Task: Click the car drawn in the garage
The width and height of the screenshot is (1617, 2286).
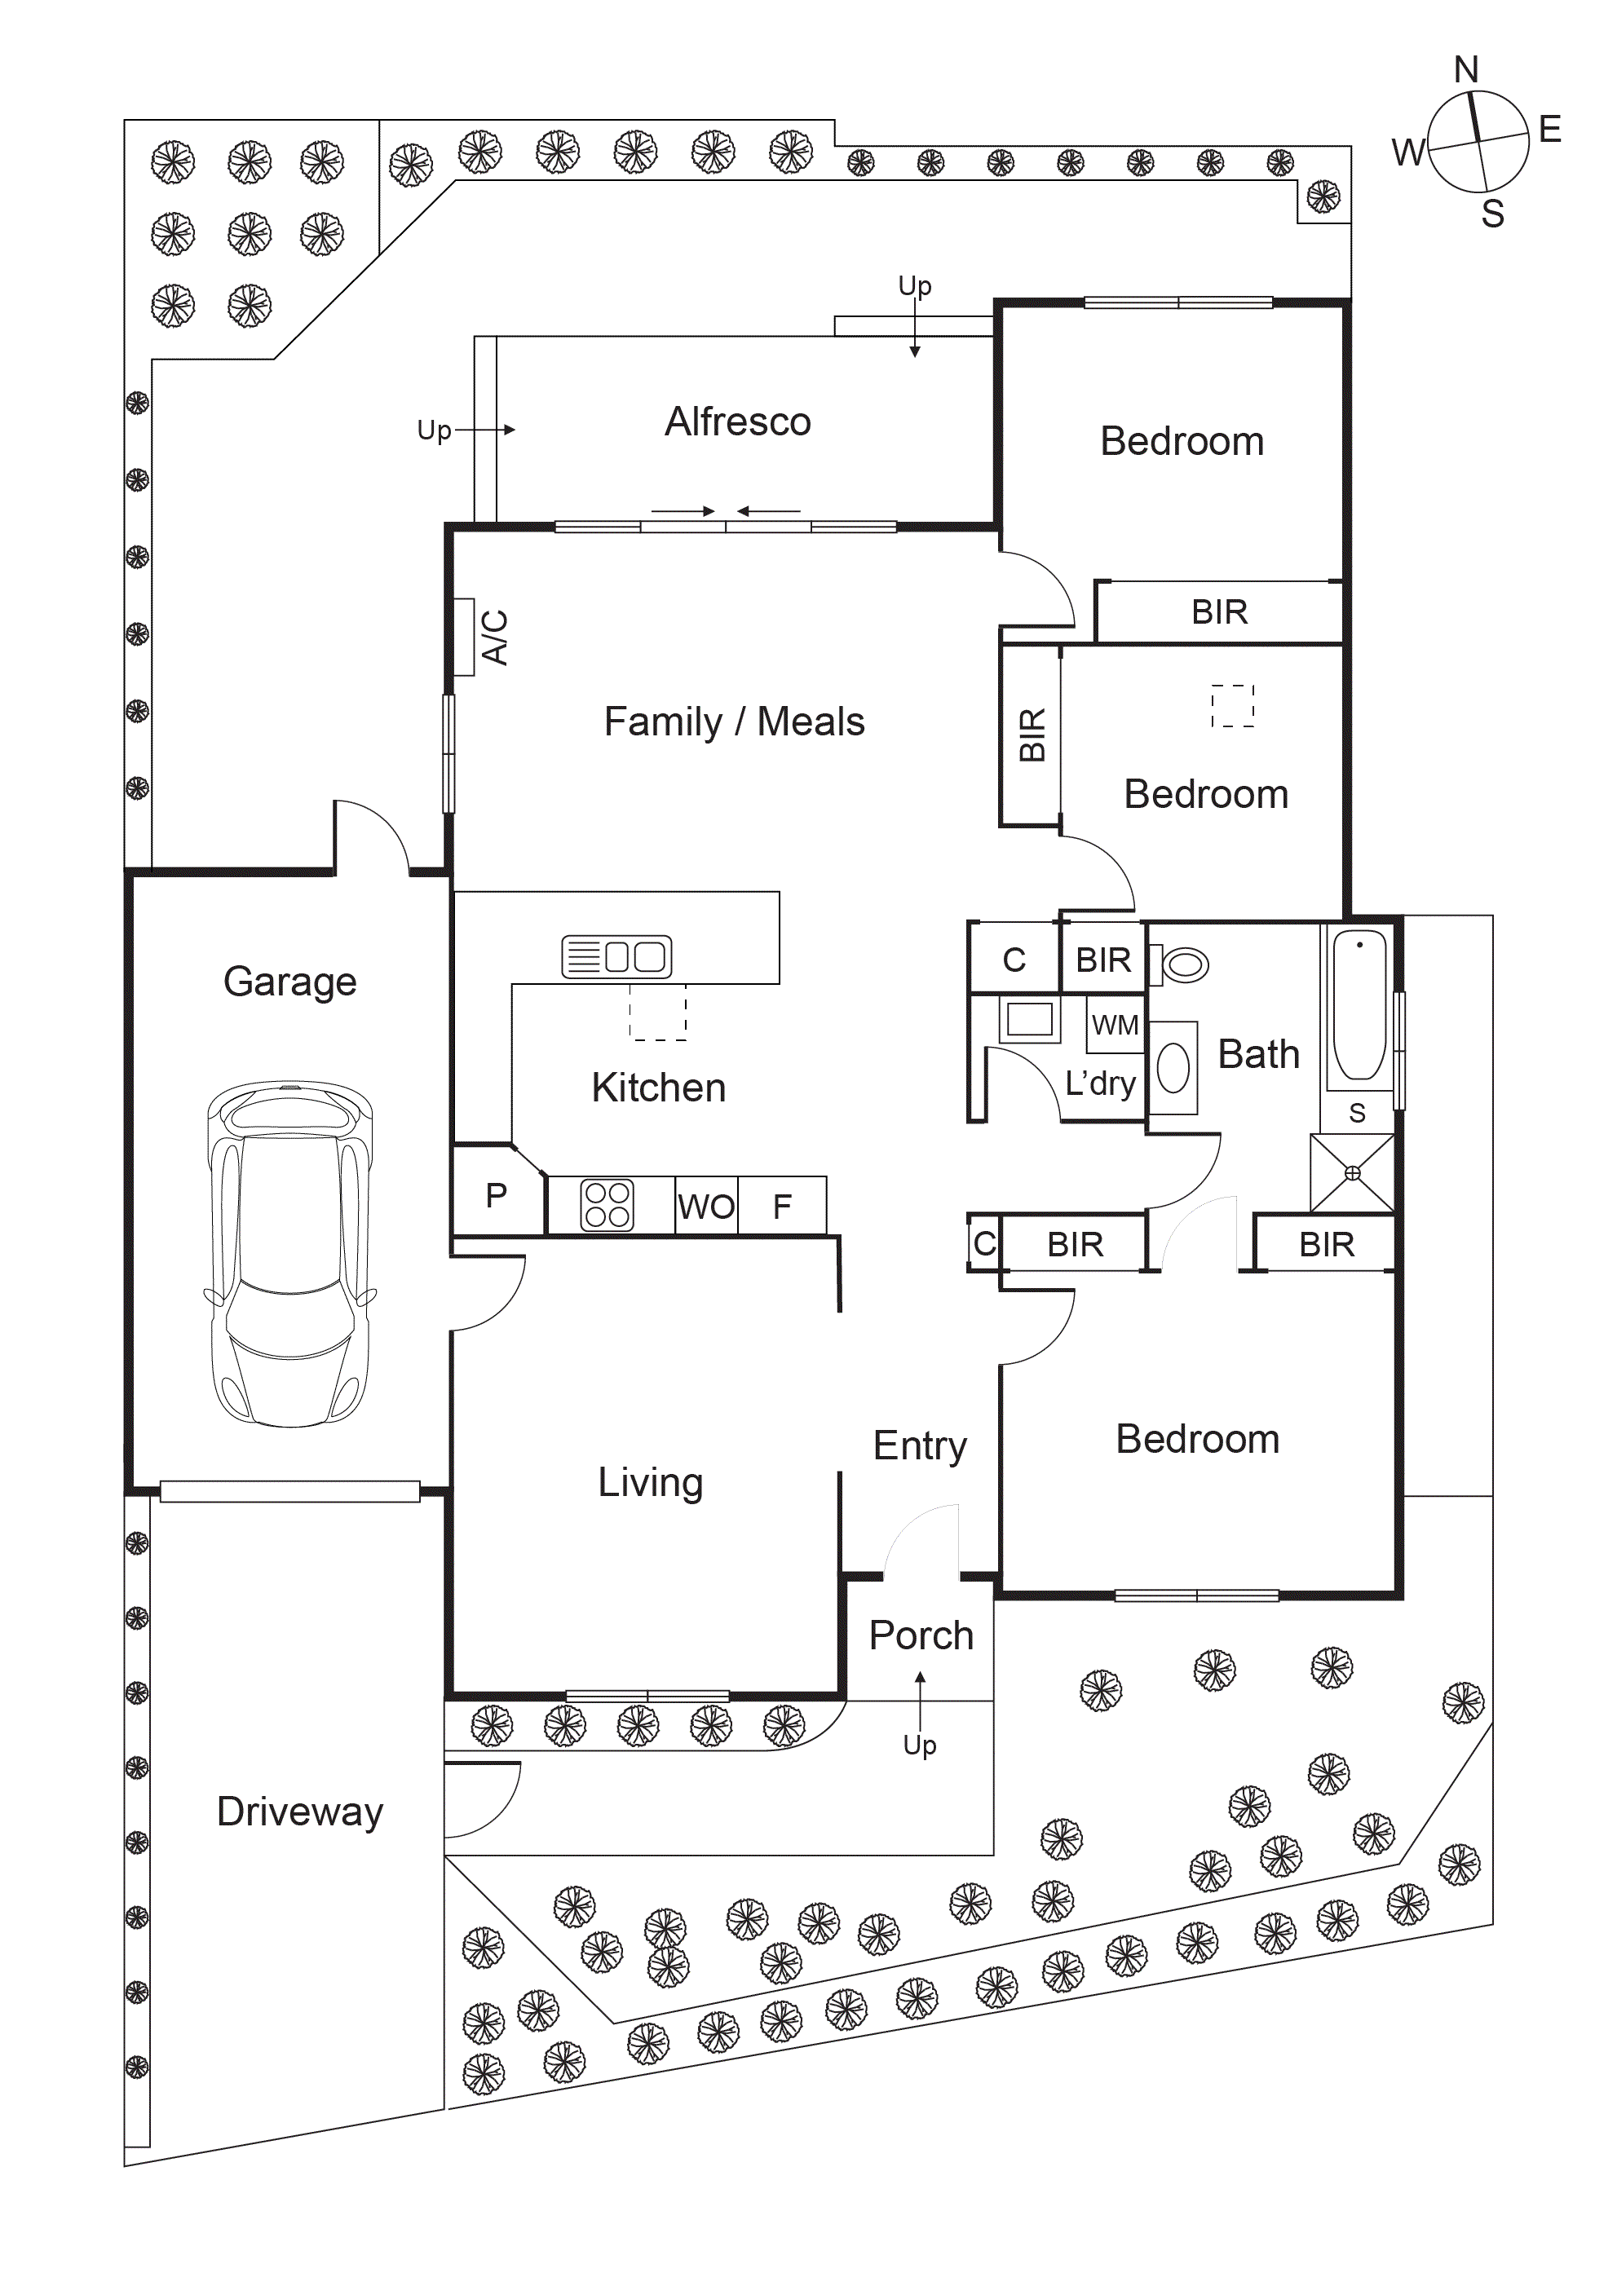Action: click(x=289, y=1254)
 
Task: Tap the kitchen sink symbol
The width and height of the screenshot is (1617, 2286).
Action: click(x=616, y=957)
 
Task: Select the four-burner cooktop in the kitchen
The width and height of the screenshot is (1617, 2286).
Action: click(x=607, y=1205)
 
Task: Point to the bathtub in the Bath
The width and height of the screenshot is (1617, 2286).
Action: click(x=1359, y=1005)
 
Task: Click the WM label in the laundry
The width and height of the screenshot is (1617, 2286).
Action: click(x=1114, y=1025)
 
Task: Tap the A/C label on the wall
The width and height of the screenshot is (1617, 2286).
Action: click(x=495, y=638)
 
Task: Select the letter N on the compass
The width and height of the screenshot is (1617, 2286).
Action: click(x=1465, y=69)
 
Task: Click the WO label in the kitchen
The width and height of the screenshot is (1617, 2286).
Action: click(x=706, y=1207)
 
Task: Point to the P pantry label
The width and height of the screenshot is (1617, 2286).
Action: click(x=496, y=1195)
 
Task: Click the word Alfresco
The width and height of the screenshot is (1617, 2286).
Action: click(x=738, y=422)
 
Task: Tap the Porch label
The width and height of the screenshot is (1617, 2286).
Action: click(x=921, y=1636)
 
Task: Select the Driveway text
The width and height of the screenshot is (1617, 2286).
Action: click(x=300, y=1812)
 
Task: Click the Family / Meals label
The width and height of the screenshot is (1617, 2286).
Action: click(x=734, y=722)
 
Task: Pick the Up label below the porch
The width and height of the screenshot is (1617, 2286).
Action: click(x=919, y=1745)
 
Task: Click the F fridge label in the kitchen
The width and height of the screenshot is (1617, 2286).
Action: click(x=783, y=1207)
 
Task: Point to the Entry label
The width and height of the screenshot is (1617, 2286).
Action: click(x=920, y=1445)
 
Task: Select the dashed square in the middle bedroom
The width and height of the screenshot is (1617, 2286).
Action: click(x=1233, y=706)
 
